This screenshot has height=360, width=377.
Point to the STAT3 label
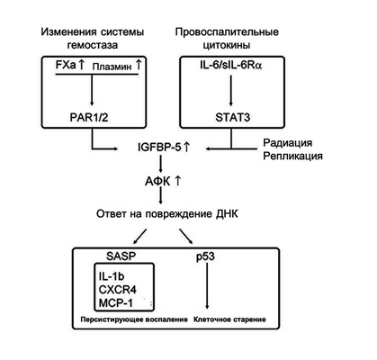coord(231,116)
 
